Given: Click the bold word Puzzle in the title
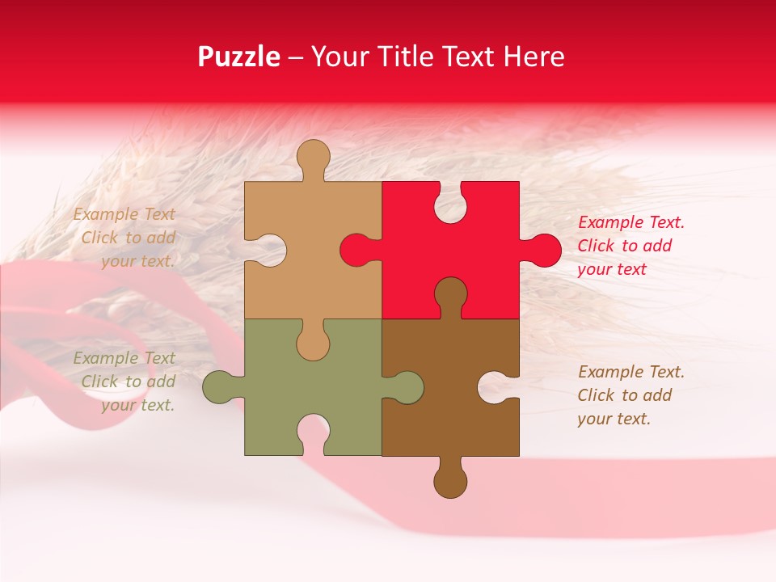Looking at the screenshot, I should point(239,57).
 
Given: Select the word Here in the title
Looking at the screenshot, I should point(533,57).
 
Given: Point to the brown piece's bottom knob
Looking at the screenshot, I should point(450,480).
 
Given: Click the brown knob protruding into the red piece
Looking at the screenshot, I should point(450,295).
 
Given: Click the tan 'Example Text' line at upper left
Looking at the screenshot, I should point(124,214).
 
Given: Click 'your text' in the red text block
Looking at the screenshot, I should point(612,269).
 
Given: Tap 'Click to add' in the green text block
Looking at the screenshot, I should point(128,382).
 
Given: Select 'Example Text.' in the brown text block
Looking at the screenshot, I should point(631,372).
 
